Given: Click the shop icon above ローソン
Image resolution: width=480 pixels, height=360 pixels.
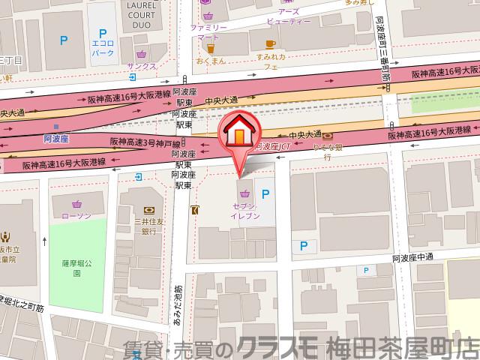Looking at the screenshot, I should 76,203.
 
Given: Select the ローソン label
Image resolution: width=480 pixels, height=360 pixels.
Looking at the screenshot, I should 76,216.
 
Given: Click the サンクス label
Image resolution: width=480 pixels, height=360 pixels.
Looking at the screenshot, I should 141,66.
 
